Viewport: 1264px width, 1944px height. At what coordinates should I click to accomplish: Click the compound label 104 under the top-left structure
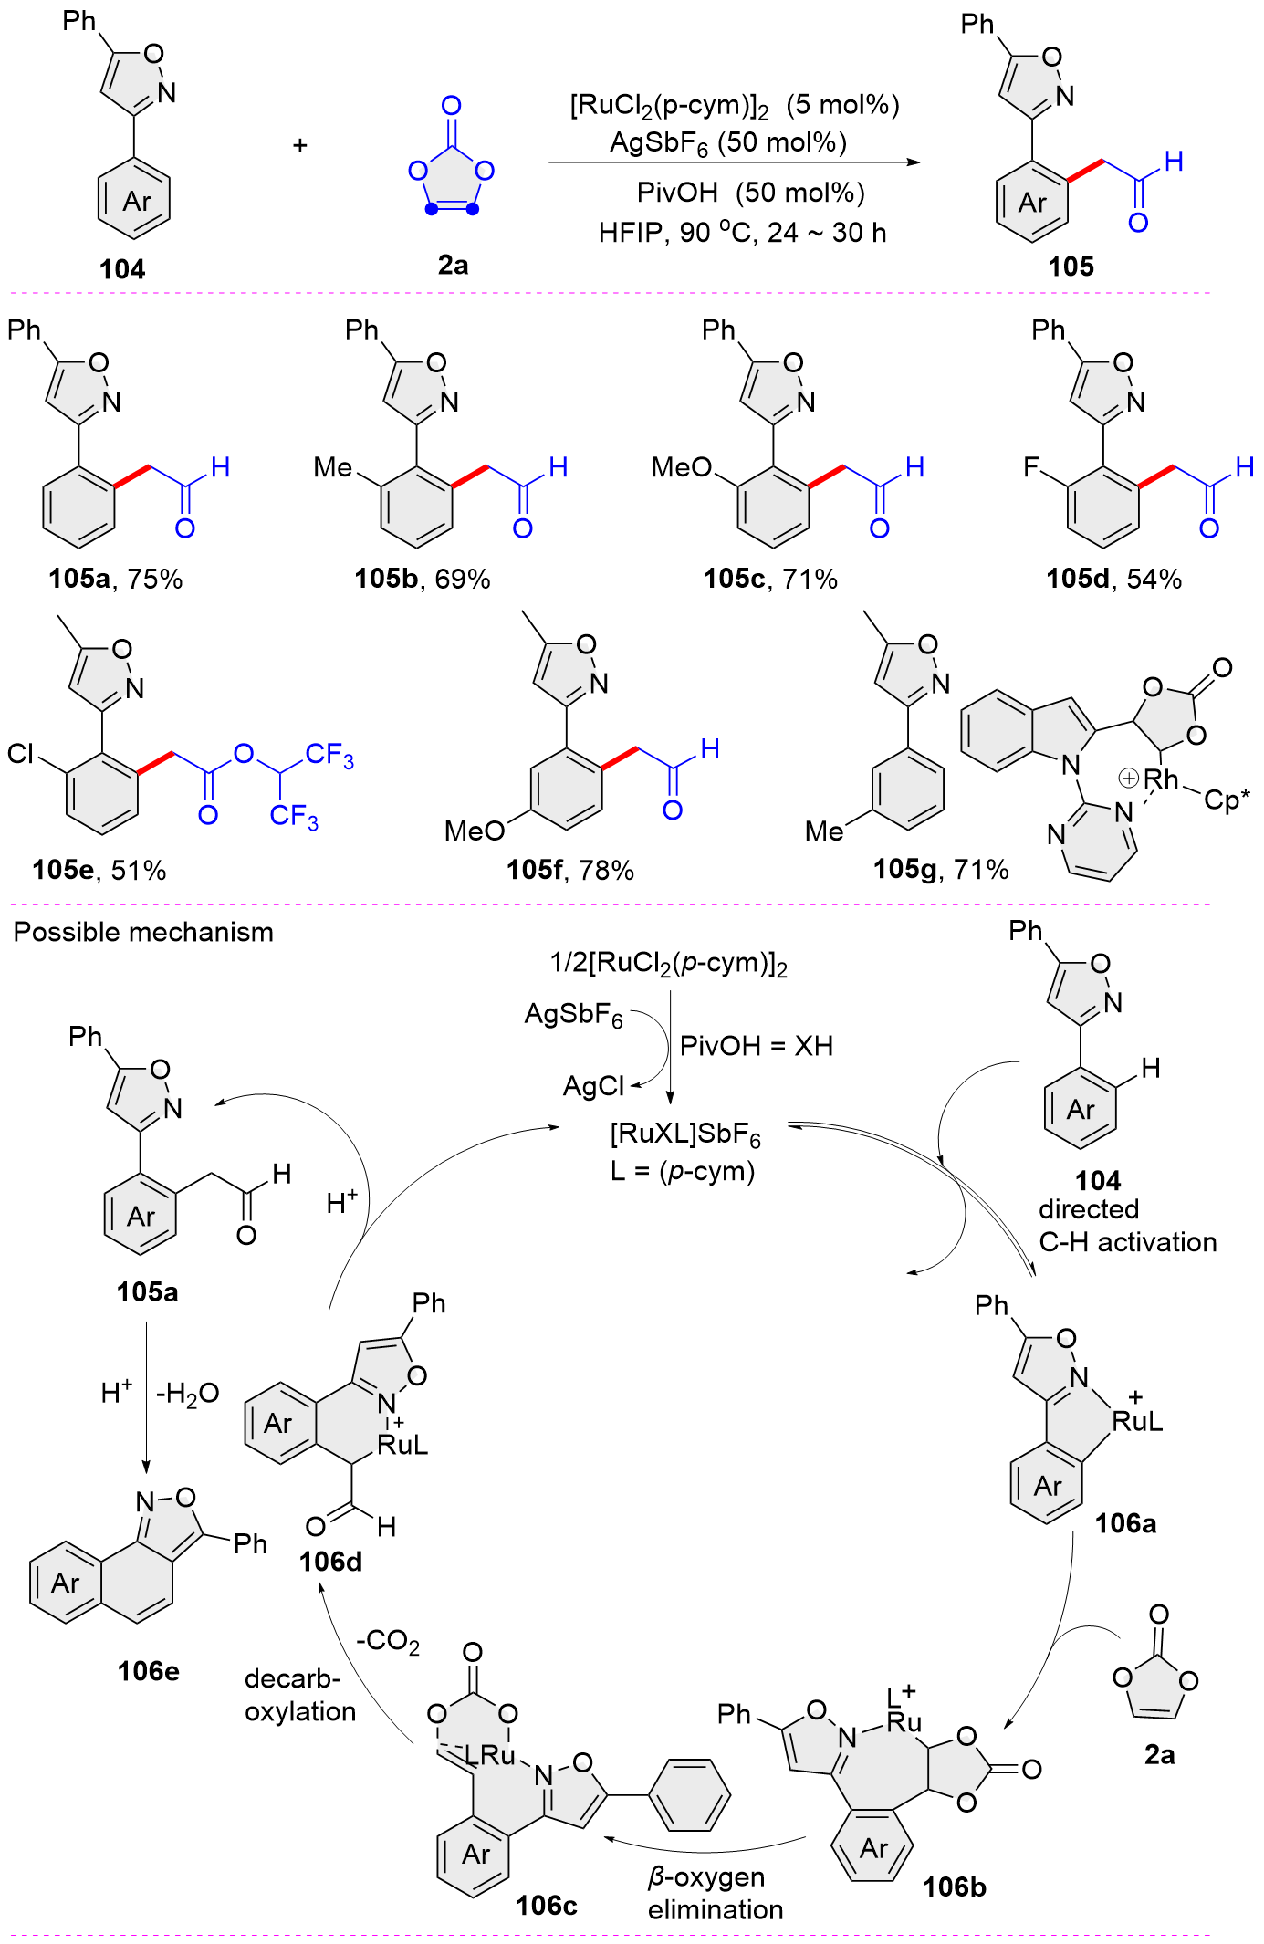[122, 269]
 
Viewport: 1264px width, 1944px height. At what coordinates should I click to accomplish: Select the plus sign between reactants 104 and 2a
[300, 145]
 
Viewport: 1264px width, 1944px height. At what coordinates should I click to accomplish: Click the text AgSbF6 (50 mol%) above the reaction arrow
[727, 143]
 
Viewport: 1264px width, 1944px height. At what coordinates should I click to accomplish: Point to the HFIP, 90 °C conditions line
[742, 233]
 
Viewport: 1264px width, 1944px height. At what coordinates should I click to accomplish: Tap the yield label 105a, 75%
[116, 579]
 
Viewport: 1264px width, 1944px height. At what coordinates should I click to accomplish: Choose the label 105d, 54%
[1113, 579]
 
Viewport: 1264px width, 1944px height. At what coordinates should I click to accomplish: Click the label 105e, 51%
[99, 870]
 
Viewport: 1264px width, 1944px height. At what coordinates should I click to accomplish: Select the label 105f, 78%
[570, 870]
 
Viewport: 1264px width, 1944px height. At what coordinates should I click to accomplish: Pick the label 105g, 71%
[941, 869]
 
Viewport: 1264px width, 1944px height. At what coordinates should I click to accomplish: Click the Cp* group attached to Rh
[1227, 800]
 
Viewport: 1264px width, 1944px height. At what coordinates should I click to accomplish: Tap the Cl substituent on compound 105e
[20, 753]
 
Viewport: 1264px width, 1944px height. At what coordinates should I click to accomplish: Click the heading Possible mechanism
[143, 932]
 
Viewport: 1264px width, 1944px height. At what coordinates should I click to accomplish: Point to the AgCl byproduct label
[593, 1086]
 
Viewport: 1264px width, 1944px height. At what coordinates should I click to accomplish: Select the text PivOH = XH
[757, 1046]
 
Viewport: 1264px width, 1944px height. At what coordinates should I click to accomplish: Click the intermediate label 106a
[1125, 1522]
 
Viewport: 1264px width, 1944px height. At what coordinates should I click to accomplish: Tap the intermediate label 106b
[955, 1887]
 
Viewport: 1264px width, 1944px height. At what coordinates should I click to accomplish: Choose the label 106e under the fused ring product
[149, 1671]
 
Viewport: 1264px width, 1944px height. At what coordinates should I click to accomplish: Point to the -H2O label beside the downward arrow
[188, 1394]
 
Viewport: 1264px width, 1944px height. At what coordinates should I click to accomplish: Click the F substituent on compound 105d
[1031, 467]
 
